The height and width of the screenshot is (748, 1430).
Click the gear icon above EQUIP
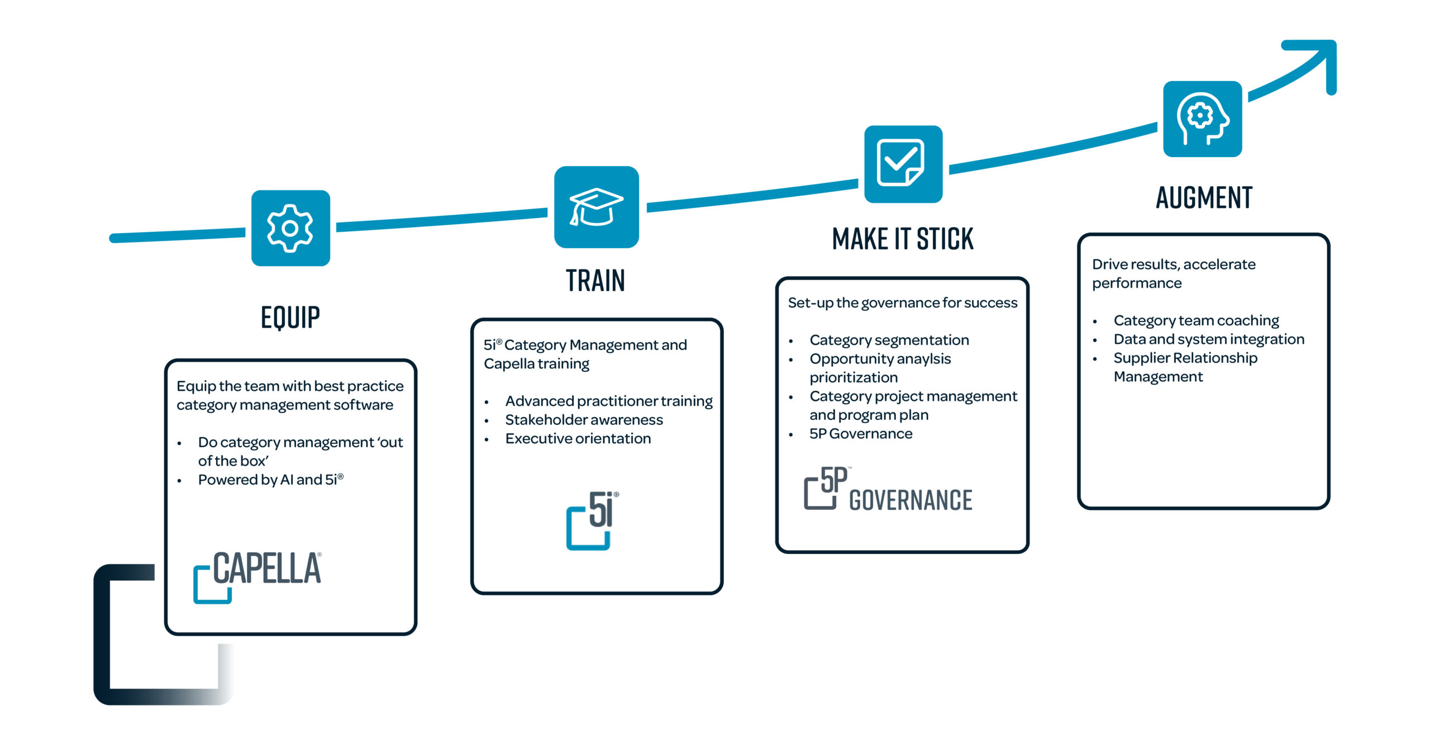coord(290,228)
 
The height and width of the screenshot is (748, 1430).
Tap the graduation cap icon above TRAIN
coord(596,207)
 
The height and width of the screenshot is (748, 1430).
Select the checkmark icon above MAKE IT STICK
coord(903,163)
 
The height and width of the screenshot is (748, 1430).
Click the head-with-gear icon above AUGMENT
coord(1202,119)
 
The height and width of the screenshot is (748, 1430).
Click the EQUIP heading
coord(290,317)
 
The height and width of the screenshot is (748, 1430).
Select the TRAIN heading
coord(595,281)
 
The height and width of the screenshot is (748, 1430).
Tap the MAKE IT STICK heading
coord(903,239)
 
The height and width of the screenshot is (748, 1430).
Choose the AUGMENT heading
coord(1204,198)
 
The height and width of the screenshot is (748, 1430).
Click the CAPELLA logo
coord(258,576)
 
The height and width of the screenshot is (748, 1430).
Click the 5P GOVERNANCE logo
coord(888,490)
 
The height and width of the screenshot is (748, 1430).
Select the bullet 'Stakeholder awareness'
coord(584,420)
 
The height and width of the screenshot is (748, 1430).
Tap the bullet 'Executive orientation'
coord(578,439)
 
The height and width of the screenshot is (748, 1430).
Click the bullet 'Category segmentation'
coord(889,340)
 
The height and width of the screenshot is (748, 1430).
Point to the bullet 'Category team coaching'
coord(1196,320)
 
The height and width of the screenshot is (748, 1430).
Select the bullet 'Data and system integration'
coord(1209,339)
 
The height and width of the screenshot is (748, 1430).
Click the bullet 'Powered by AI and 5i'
coord(270,480)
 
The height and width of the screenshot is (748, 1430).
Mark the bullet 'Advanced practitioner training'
coord(609,401)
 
